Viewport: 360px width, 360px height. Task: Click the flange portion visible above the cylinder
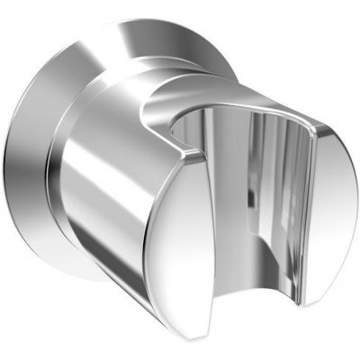tap(135, 40)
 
